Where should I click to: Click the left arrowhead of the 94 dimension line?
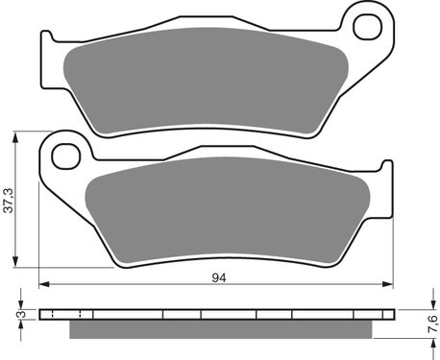(x=43, y=284)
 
